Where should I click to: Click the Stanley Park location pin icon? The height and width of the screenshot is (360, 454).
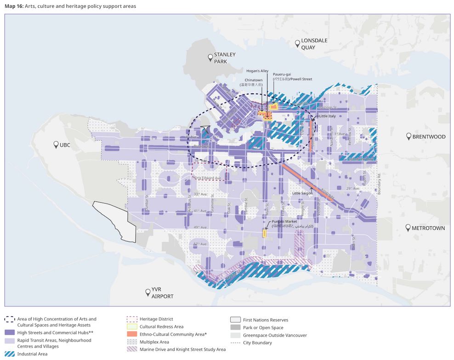(210, 57)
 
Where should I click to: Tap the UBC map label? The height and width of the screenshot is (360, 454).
(64, 145)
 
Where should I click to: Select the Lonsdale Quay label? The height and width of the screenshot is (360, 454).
(314, 44)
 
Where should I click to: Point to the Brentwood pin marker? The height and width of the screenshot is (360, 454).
(408, 137)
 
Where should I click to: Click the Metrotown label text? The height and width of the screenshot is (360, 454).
(428, 228)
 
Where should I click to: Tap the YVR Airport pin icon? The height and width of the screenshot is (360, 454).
(148, 291)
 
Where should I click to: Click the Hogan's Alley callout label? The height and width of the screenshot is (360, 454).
(257, 71)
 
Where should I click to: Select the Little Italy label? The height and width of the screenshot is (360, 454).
(327, 116)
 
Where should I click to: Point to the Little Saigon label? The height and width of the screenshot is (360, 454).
(302, 193)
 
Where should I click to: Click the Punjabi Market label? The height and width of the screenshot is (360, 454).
(278, 222)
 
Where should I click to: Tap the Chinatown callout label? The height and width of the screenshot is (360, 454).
(253, 79)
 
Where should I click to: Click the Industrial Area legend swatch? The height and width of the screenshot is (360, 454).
(10, 354)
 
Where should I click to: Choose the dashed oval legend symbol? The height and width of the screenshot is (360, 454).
(10, 319)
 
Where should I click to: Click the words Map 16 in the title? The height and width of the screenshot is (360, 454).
(13, 6)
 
